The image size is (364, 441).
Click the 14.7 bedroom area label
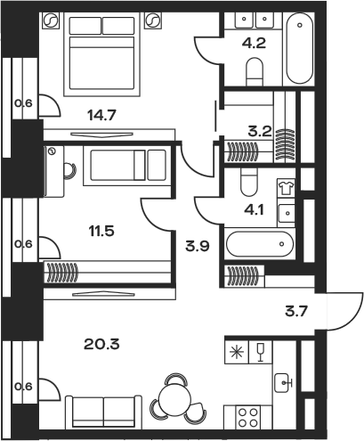tap(101, 115)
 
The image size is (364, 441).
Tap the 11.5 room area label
tap(101, 231)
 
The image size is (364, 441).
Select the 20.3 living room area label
tap(101, 345)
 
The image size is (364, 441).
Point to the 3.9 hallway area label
tap(198, 246)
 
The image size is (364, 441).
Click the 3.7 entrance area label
tap(296, 312)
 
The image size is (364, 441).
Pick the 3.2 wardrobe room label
tap(260, 131)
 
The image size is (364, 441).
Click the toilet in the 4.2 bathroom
tap(255, 71)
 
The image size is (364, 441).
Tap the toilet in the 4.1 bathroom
tap(249, 182)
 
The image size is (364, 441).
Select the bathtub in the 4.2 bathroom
tap(300, 48)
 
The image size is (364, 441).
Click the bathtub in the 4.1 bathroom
tap(260, 244)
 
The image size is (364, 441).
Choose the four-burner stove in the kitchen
tap(248, 417)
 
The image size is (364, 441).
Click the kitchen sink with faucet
tap(283, 382)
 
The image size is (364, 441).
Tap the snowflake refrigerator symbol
tap(237, 352)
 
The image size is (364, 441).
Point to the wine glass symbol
tap(261, 352)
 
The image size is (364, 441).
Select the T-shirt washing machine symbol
tap(286, 188)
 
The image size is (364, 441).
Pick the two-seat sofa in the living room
tap(103, 412)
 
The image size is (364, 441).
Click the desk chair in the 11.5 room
tap(70, 171)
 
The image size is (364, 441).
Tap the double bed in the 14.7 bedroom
tap(101, 54)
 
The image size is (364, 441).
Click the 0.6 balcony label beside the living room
tap(23, 387)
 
